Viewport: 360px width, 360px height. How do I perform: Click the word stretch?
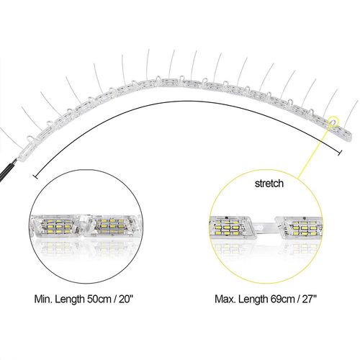(x=269, y=184)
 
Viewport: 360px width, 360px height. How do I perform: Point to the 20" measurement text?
(x=126, y=299)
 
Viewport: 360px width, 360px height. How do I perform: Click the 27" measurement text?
(x=310, y=299)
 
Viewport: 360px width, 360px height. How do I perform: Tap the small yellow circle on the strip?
(x=333, y=120)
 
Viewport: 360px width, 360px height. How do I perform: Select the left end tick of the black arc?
(x=35, y=177)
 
